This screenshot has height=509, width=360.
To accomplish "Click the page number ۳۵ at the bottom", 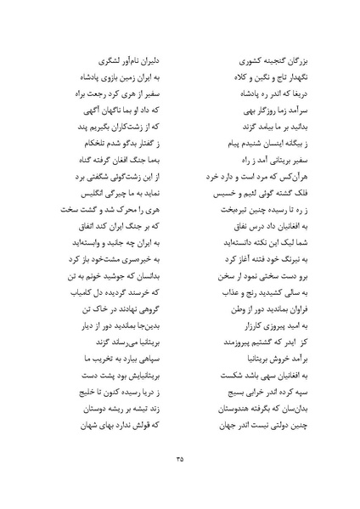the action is pos(180,459).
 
